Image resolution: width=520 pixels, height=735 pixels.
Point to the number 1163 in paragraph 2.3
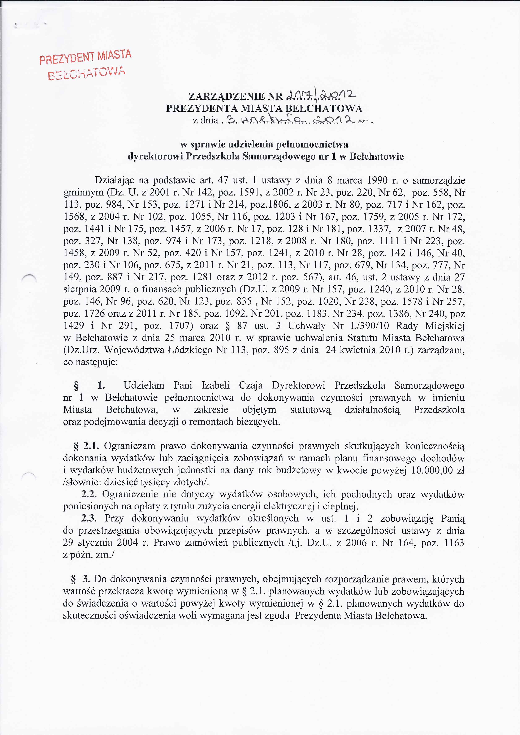[x=454, y=543]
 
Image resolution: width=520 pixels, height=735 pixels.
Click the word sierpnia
[x=80, y=289]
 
